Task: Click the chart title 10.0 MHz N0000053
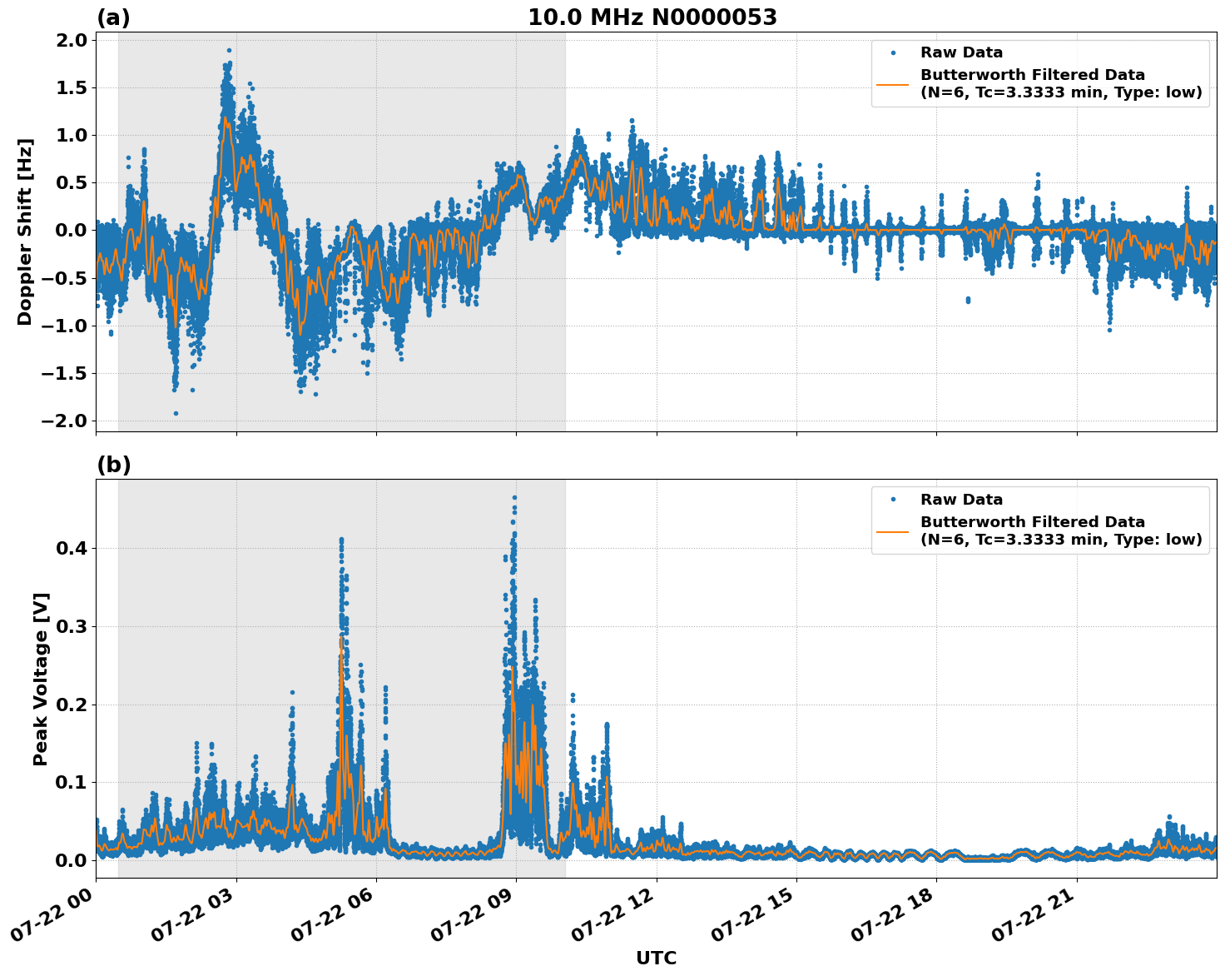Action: click(x=652, y=17)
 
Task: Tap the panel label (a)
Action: click(x=113, y=17)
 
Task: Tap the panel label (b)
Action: click(x=113, y=465)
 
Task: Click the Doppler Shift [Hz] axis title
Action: click(x=25, y=232)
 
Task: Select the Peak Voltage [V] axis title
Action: click(x=41, y=679)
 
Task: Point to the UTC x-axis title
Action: click(x=656, y=958)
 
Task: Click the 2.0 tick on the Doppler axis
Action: click(x=71, y=40)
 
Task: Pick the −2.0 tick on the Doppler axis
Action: click(x=64, y=421)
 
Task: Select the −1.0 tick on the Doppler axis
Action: click(x=64, y=326)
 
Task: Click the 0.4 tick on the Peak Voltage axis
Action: click(x=71, y=548)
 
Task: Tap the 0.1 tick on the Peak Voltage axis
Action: click(x=71, y=782)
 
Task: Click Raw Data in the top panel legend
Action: click(x=961, y=52)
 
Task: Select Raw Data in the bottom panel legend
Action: click(x=961, y=500)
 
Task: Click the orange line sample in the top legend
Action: click(x=893, y=84)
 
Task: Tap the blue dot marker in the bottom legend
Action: click(x=893, y=500)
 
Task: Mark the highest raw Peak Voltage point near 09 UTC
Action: click(x=514, y=498)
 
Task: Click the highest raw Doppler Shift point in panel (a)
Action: click(x=229, y=50)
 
